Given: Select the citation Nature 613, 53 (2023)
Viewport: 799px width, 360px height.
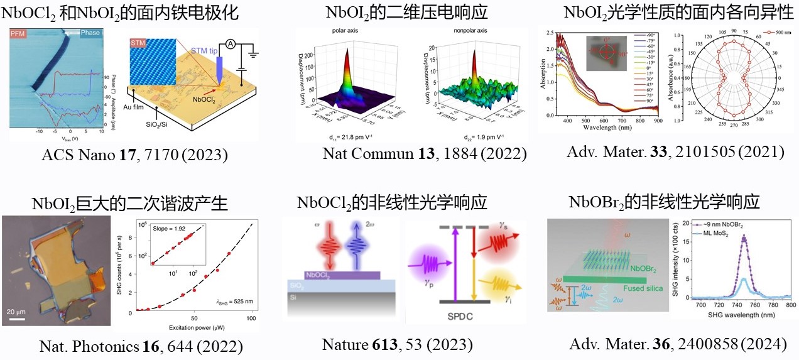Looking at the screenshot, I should pyautogui.click(x=397, y=344).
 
